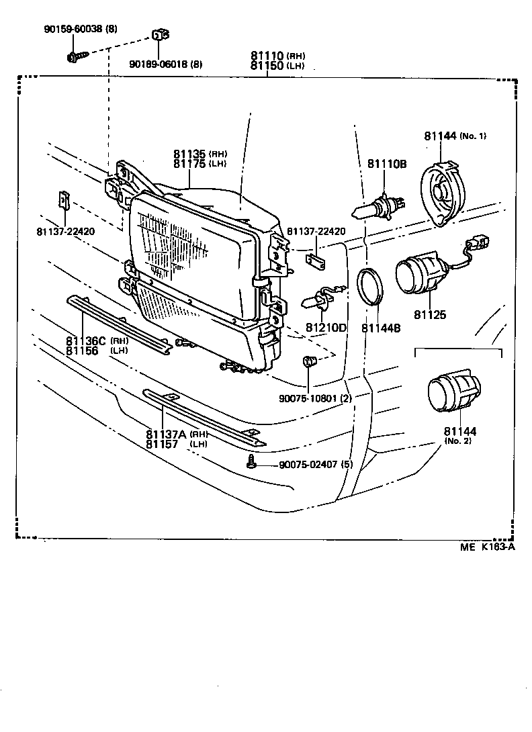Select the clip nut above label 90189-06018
[x=159, y=36]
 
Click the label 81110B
[x=386, y=164]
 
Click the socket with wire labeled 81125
[x=420, y=276]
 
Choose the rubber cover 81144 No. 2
[x=454, y=395]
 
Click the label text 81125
[x=430, y=314]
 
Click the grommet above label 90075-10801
[x=310, y=363]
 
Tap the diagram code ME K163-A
[x=487, y=547]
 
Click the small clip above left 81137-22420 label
[x=64, y=199]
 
